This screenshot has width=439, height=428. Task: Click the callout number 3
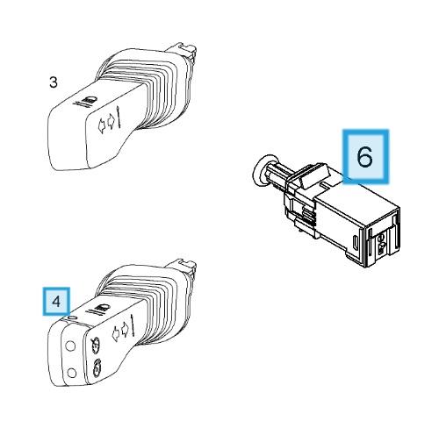[54, 82]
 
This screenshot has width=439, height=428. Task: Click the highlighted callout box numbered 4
[56, 302]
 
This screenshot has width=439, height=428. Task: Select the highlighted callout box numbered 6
[365, 157]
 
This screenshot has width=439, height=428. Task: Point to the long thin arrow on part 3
[119, 118]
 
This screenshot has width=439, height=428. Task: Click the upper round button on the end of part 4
[70, 346]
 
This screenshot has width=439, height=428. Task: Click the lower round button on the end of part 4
[71, 373]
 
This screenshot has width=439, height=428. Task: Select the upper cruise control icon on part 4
[96, 344]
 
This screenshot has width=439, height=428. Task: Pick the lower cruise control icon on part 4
[96, 367]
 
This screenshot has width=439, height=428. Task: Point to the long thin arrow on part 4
[133, 325]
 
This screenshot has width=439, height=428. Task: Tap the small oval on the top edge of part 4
[72, 317]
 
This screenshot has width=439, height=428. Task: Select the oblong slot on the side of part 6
[355, 242]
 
